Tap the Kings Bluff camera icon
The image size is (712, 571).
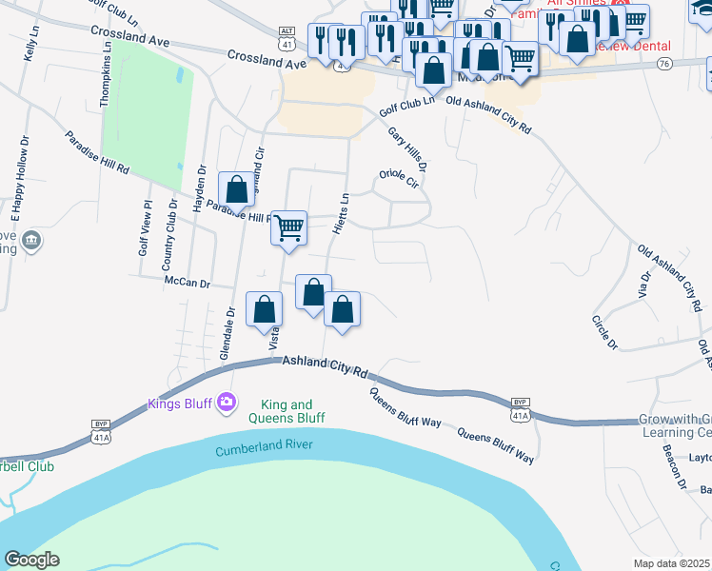pos(226,403)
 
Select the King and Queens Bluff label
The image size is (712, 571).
pos(287,411)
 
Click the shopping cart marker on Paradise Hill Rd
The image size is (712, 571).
pos(288,228)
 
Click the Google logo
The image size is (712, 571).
pos(31,560)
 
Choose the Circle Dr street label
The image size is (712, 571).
pos(604,331)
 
